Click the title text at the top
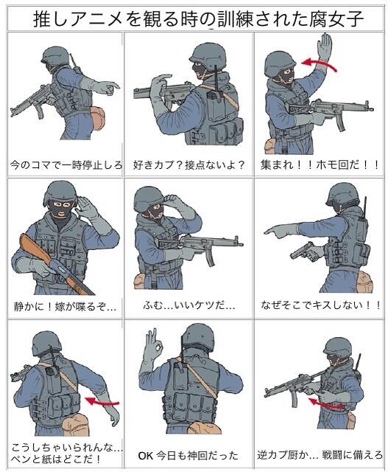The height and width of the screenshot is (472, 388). click(x=198, y=18)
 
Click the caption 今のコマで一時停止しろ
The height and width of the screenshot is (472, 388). click(x=66, y=165)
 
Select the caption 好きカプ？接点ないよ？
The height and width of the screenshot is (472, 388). click(x=188, y=165)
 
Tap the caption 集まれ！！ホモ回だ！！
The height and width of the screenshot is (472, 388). click(x=320, y=165)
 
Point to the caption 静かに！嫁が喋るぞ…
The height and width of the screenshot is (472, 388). click(x=65, y=307)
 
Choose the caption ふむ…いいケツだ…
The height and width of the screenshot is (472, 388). click(x=189, y=305)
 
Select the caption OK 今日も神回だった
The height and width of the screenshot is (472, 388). click(x=188, y=456)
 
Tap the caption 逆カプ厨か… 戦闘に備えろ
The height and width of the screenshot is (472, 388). click(x=320, y=454)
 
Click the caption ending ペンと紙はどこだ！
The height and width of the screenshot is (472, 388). click(x=56, y=459)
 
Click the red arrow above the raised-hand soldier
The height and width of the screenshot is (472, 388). click(x=320, y=64)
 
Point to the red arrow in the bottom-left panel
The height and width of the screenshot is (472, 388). click(x=102, y=401)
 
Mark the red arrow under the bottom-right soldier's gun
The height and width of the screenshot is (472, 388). click(x=326, y=403)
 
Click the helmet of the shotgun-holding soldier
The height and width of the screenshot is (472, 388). click(x=60, y=192)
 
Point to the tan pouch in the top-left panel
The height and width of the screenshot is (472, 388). click(x=97, y=118)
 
